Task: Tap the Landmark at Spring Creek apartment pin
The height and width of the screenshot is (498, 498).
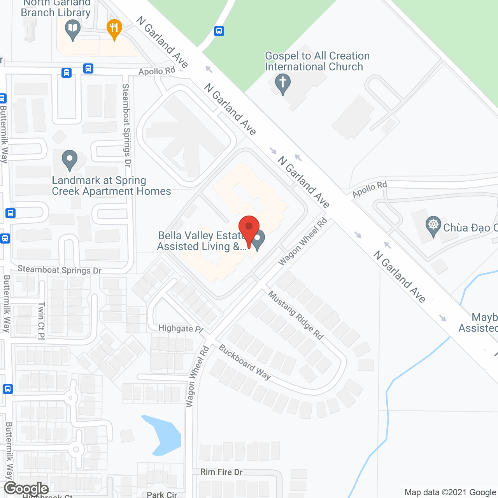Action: pos(70,160)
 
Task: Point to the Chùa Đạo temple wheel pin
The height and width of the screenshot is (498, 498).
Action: pos(433,226)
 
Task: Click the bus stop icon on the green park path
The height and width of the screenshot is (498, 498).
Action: pos(219,31)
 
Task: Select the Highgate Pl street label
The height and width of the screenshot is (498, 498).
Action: pos(181,328)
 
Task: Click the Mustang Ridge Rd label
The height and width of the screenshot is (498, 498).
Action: pos(296,315)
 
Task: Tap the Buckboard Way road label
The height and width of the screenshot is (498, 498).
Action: pos(245,362)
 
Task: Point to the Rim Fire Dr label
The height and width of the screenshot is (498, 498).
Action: pos(221,472)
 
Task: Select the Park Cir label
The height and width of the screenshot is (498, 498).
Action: pos(162,494)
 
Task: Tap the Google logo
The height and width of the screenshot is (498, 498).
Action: pos(26,489)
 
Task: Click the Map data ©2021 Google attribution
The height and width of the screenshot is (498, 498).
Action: pos(450,493)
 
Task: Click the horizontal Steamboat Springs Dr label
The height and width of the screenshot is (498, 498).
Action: pos(60,270)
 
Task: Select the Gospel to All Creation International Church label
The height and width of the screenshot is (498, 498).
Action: pos(317,61)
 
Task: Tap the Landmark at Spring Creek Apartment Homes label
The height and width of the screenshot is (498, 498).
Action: pos(111,186)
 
